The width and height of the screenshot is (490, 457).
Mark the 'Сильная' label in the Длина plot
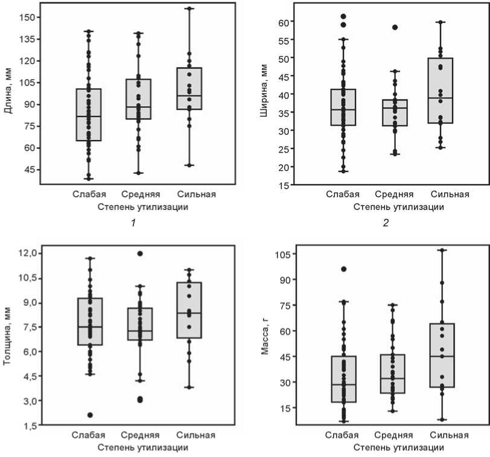(x=197, y=194)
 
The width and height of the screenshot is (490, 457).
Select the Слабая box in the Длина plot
(x=88, y=115)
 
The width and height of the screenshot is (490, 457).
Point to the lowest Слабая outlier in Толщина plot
(x=89, y=415)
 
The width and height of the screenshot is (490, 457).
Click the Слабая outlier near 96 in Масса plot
(x=343, y=269)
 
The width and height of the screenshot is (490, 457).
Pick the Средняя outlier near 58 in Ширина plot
(x=395, y=27)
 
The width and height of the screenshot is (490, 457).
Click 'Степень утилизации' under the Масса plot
(x=398, y=447)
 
